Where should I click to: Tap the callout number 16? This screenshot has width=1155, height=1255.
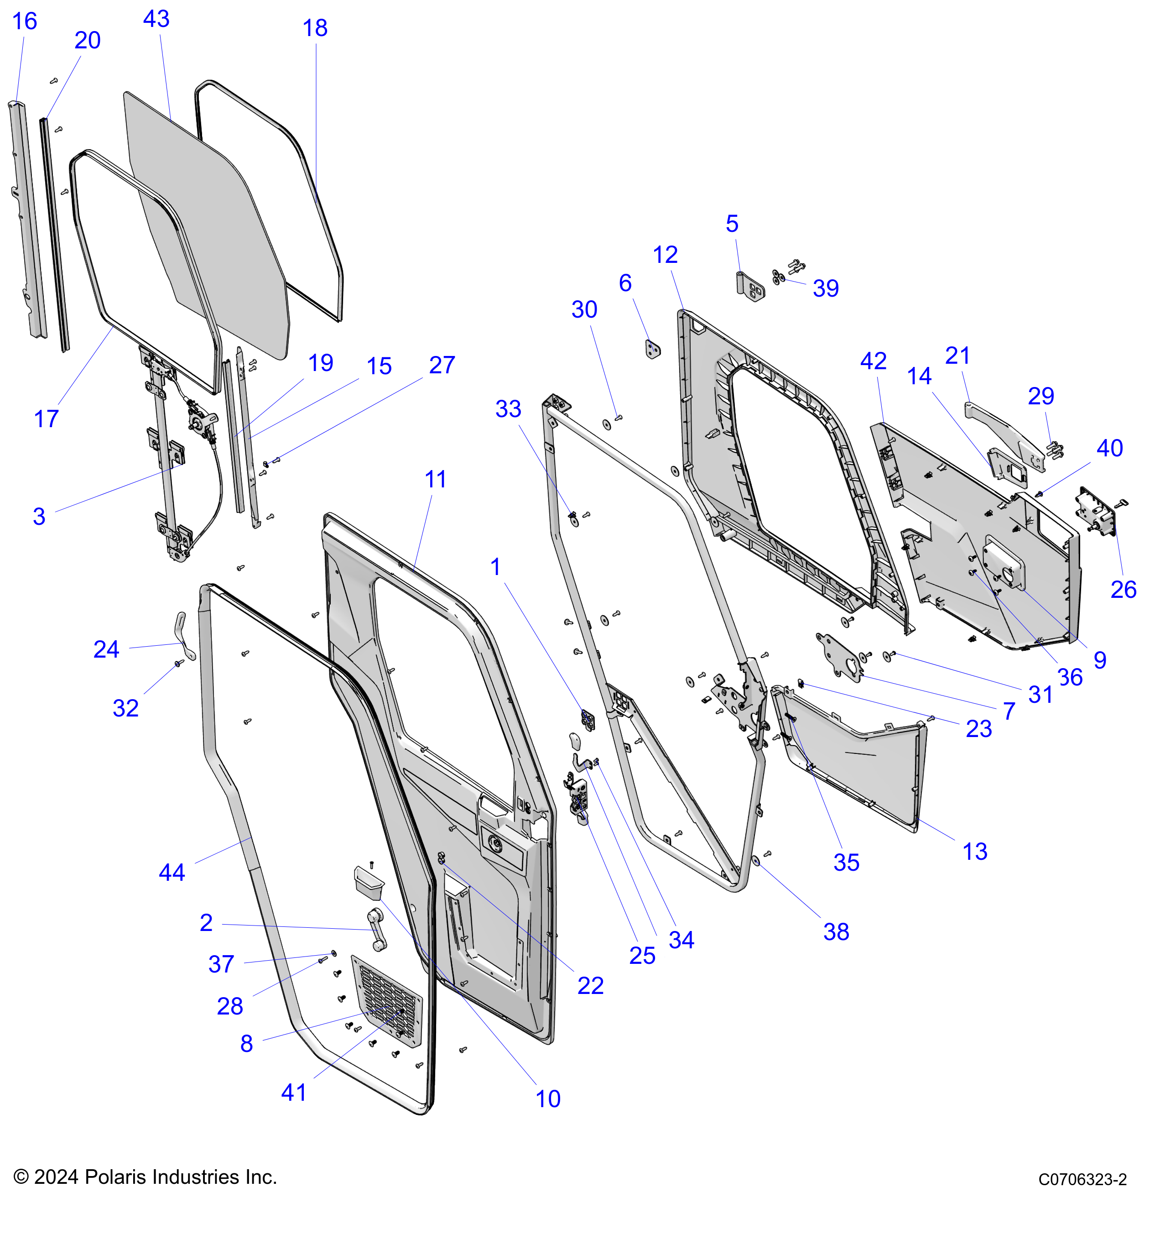pos(25,21)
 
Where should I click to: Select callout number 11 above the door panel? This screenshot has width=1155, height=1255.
pos(436,480)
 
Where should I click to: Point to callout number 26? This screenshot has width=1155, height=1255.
pos(1123,590)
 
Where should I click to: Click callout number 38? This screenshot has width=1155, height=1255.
pos(836,932)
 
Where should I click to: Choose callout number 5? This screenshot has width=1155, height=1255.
pos(732,224)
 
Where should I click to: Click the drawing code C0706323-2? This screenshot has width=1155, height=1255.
pos(1082,1180)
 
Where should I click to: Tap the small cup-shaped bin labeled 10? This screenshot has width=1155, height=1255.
pos(368,881)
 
